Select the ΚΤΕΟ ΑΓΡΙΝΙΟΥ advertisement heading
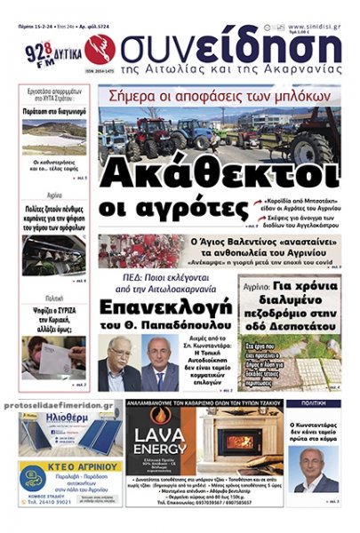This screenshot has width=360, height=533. tap(72, 466)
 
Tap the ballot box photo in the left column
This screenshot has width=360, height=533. tap(53, 353)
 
